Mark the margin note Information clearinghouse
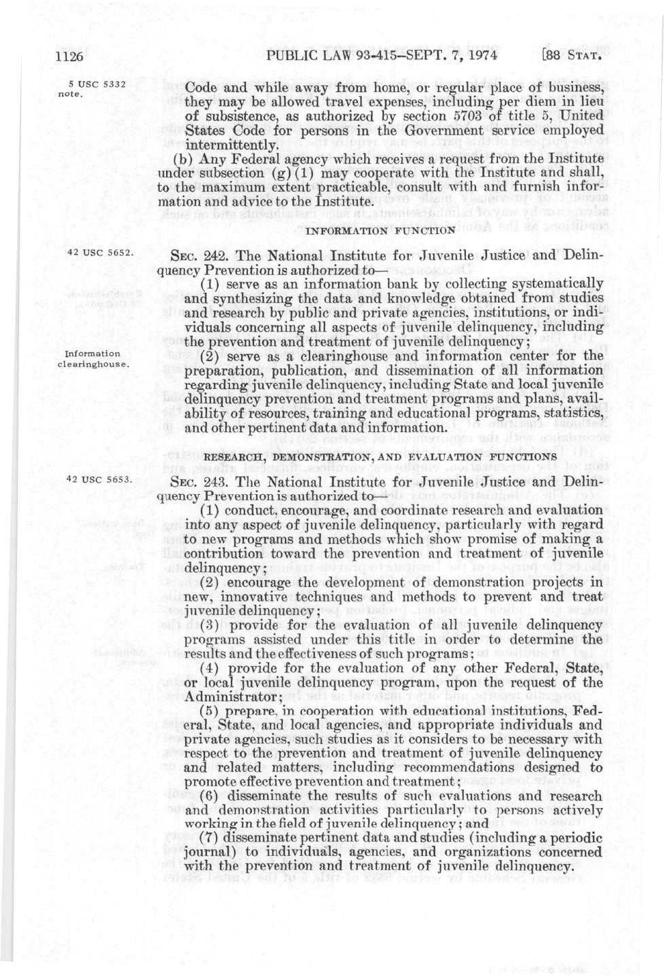click(93, 359)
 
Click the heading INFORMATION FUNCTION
click(380, 231)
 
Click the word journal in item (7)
click(206, 852)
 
